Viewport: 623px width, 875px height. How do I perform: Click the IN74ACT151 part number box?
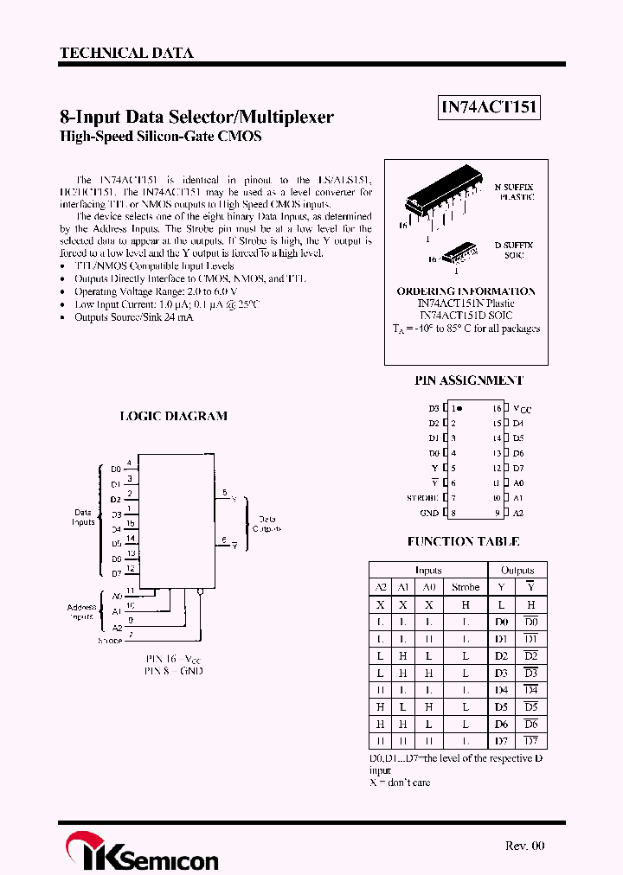(x=490, y=107)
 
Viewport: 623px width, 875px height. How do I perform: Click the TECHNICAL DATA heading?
(x=126, y=53)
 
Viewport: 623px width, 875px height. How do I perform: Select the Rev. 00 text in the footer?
(x=525, y=846)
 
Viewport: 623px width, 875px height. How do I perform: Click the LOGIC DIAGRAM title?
(x=173, y=416)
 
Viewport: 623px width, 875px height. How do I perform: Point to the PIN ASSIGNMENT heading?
(x=470, y=380)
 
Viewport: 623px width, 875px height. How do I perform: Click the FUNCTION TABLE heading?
(x=464, y=541)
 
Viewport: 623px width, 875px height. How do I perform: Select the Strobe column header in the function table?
(x=466, y=587)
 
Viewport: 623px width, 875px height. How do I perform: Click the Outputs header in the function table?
(x=517, y=571)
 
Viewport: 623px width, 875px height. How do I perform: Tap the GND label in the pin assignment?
(x=430, y=513)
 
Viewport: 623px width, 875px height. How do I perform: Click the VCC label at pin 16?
(x=522, y=408)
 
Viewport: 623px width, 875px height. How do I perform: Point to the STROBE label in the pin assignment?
(x=424, y=498)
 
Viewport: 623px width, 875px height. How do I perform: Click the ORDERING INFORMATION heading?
(x=466, y=291)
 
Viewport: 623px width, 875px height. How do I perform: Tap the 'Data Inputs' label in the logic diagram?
(x=83, y=517)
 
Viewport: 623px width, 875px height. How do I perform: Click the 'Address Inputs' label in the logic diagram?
(x=82, y=612)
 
